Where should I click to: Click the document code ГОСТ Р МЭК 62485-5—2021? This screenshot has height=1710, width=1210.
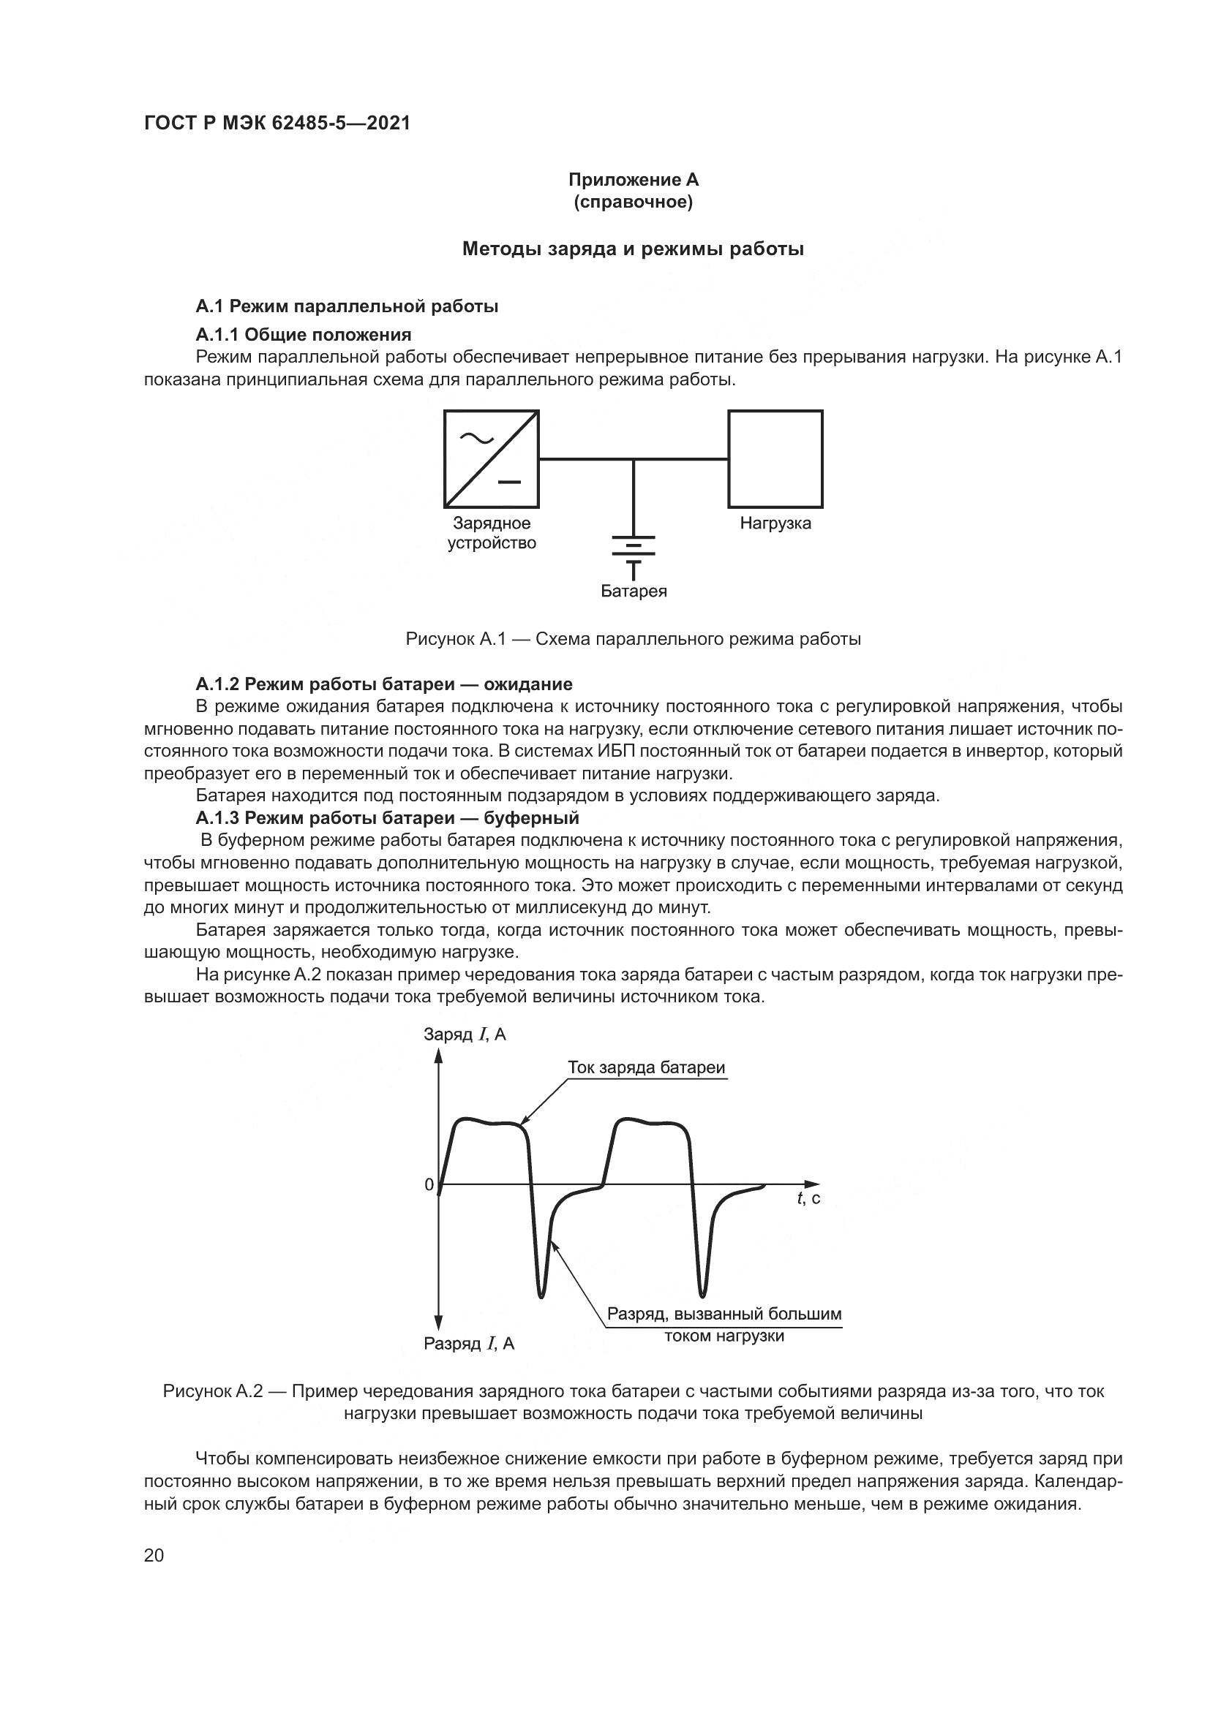tap(277, 124)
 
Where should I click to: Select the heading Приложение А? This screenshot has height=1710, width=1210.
tap(634, 180)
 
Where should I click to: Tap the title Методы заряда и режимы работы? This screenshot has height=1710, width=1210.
tap(633, 249)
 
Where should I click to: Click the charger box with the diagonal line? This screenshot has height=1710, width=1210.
tap(492, 459)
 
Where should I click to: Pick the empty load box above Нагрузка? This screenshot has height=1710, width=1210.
tap(775, 459)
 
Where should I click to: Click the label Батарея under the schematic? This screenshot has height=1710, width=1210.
tap(634, 591)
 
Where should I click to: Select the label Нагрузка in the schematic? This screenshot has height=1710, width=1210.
tap(775, 523)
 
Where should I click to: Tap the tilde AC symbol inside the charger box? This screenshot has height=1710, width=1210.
tap(476, 439)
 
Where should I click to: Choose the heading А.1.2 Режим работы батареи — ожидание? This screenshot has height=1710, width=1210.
tap(384, 684)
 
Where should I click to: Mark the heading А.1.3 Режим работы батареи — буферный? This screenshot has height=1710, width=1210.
tap(387, 818)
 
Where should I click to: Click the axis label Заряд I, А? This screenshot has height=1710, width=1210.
tap(465, 1034)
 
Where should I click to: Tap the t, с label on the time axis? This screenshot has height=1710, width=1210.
tap(808, 1198)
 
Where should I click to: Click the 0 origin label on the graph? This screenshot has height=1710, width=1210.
tap(429, 1185)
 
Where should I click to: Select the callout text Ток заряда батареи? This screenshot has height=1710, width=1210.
tap(646, 1067)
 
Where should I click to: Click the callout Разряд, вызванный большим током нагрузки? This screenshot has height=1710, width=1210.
tap(724, 1324)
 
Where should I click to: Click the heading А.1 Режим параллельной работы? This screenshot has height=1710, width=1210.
tap(347, 306)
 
